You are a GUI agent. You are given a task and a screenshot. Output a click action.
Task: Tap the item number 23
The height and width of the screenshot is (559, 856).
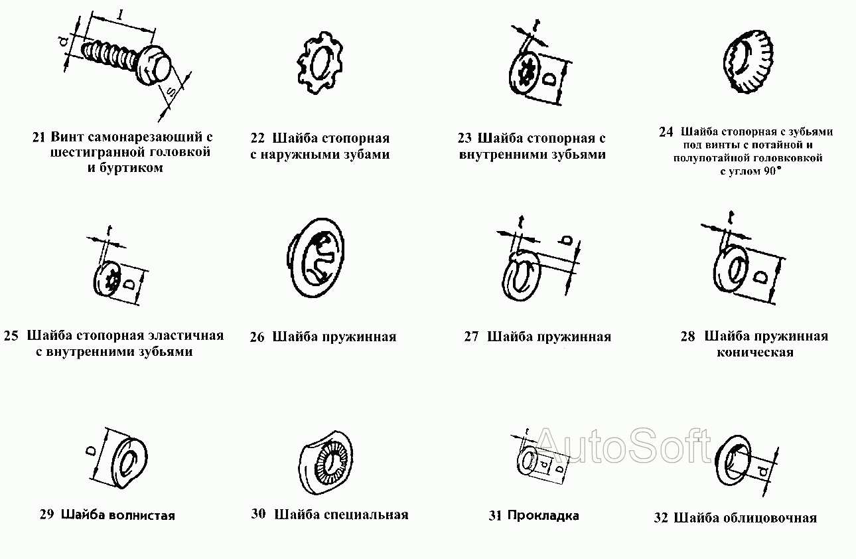point(464,139)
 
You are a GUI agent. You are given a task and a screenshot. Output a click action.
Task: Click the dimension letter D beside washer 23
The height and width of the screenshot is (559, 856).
point(549,79)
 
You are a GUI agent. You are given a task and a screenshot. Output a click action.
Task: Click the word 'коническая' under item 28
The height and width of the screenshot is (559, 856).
point(755,353)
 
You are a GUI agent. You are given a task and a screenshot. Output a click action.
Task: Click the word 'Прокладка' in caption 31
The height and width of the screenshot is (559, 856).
point(543,515)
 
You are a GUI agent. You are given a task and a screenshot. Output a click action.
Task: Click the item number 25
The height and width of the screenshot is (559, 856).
point(11,336)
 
